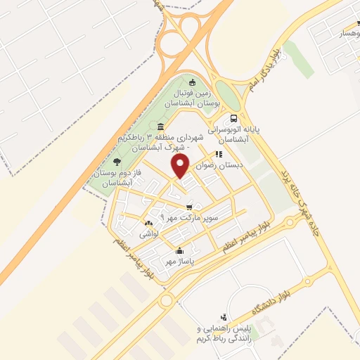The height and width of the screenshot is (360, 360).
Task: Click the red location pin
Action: tap(181, 166)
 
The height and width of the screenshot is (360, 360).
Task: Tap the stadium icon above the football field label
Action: tap(193, 84)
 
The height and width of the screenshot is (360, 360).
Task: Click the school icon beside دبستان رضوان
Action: tap(219, 154)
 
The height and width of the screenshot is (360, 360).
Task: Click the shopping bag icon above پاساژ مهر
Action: tap(180, 250)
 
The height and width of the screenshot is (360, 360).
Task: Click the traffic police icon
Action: tap(224, 317)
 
